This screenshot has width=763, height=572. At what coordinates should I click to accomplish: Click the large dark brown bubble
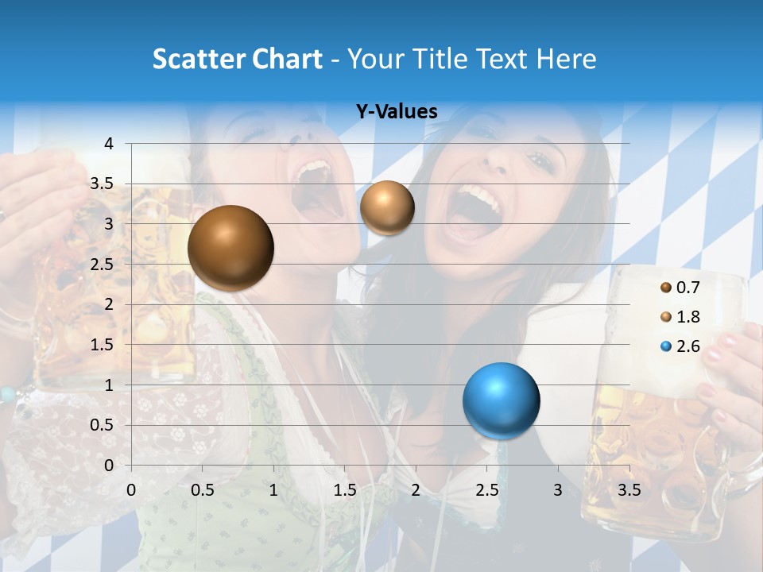coord(231,248)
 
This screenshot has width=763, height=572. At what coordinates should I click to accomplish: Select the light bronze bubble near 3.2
coord(387,207)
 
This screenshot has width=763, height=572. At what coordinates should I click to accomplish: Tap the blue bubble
coord(502,400)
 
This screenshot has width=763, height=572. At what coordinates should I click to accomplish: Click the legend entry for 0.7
coord(680,288)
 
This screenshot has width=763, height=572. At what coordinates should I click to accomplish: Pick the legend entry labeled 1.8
coord(680,317)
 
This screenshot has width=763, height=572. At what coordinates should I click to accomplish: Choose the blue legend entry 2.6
coord(680,346)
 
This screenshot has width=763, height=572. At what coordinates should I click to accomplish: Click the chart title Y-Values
coord(397,112)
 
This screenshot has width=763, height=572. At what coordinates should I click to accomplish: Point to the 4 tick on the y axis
coord(109,144)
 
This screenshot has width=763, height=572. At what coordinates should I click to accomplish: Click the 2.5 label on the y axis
coord(101,265)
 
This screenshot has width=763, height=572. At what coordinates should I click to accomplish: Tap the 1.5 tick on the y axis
coord(101,345)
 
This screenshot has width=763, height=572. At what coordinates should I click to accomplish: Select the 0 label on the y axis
coord(109,466)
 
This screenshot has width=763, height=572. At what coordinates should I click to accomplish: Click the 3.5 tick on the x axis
coord(629,490)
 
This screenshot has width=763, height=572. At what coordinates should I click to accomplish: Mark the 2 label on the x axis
coord(416,490)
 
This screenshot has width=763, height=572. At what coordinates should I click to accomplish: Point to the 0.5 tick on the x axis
coord(203,490)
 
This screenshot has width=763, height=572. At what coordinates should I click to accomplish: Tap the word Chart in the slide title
coord(287,59)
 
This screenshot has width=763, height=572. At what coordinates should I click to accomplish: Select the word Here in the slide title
coord(566,59)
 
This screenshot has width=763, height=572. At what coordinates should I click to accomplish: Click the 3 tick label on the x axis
coord(558,490)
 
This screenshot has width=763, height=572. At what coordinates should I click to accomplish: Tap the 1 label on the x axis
coord(274,490)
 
